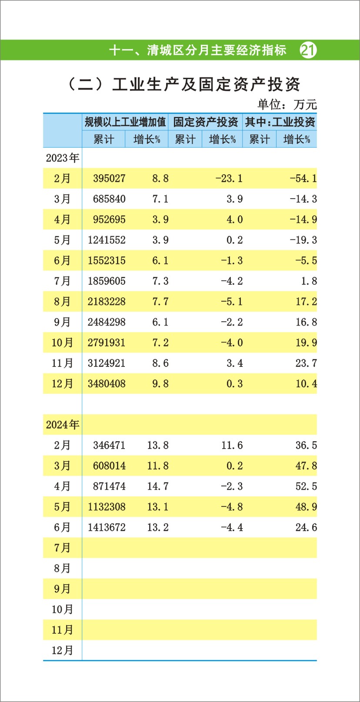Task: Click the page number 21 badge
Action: (308, 50)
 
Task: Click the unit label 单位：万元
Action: (287, 104)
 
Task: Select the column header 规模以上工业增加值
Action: (125, 122)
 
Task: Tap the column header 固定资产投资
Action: (205, 122)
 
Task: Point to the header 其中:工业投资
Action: (280, 122)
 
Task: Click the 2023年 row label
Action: (63, 158)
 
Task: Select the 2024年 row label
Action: (63, 425)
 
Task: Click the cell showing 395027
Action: (109, 179)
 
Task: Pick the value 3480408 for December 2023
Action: (107, 384)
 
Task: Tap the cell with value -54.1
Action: (303, 179)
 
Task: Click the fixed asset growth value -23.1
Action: (229, 179)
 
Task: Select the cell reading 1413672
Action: (107, 528)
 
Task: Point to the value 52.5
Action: (306, 486)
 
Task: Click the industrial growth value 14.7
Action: (158, 486)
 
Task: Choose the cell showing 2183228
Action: (107, 302)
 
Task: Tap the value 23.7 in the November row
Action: (306, 363)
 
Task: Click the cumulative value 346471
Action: (109, 446)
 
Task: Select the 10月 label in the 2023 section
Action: (63, 343)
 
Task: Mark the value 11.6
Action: (232, 446)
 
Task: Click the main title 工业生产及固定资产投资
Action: (206, 84)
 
